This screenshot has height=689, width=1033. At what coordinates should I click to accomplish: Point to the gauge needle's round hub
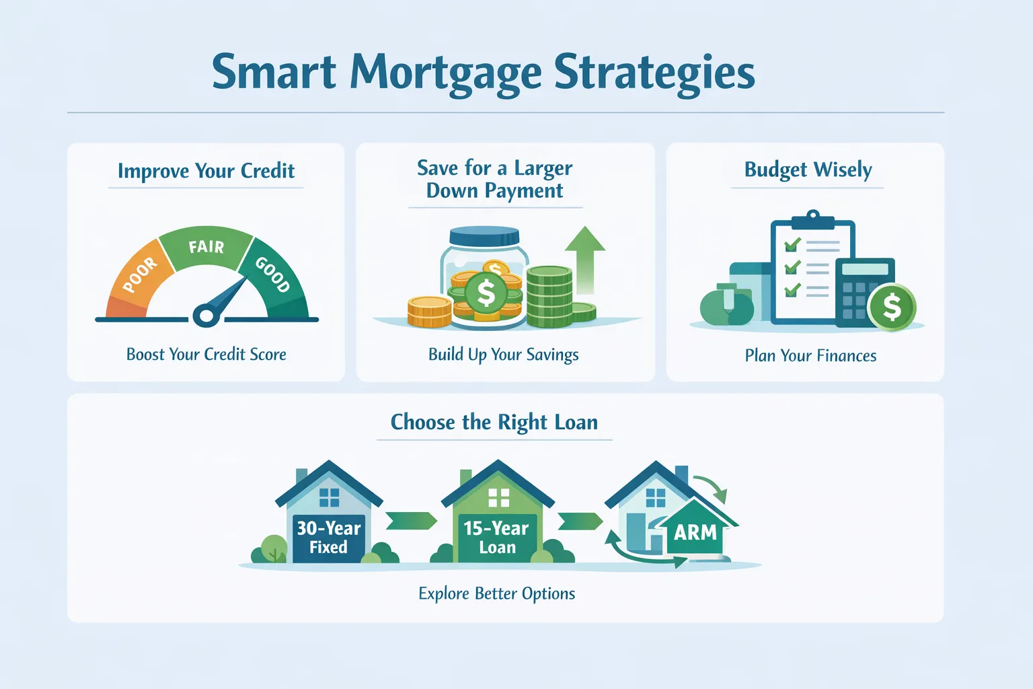click(x=206, y=315)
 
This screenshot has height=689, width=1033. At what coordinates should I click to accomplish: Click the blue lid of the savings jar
click(x=484, y=237)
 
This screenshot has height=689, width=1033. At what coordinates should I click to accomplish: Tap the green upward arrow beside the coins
click(x=585, y=258)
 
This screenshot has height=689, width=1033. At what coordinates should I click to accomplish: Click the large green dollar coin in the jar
click(x=486, y=293)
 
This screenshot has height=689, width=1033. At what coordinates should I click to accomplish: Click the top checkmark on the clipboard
click(x=792, y=244)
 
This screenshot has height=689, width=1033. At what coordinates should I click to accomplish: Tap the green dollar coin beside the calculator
click(x=892, y=307)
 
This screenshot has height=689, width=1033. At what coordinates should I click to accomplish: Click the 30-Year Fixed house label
click(x=329, y=538)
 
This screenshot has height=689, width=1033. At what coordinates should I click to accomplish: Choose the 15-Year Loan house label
click(x=497, y=538)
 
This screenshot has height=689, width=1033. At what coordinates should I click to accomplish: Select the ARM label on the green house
click(x=695, y=532)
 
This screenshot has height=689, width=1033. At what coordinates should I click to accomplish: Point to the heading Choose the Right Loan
click(x=494, y=423)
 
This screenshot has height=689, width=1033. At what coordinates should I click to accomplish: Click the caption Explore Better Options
click(x=496, y=593)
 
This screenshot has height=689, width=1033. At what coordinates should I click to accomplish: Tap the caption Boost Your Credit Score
click(x=206, y=355)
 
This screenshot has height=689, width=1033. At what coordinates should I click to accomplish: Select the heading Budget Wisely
click(x=808, y=170)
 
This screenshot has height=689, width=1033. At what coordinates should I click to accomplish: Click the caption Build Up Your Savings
click(x=503, y=355)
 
